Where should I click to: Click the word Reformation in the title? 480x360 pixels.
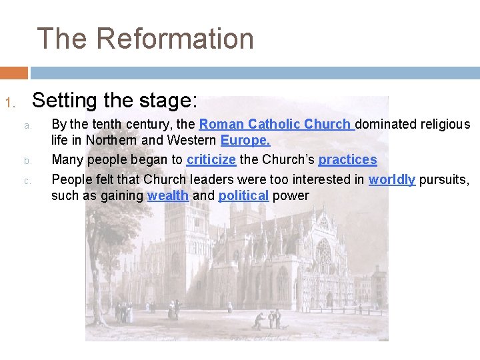coord(175,39)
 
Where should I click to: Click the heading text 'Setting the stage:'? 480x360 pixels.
coord(115,101)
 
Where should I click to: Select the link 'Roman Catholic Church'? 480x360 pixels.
coord(275,124)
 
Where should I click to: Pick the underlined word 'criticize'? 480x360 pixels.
coord(211,160)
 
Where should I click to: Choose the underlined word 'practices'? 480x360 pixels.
coord(347,160)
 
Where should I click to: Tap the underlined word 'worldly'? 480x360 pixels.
coord(392,179)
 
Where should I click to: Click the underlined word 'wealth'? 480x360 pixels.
coord(167,195)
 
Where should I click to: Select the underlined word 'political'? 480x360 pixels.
coord(243,195)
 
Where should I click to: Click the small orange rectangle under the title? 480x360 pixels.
coord(14,72)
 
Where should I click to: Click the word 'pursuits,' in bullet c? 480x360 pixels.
coord(444,179)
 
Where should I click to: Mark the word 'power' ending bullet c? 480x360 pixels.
coord(291,195)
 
